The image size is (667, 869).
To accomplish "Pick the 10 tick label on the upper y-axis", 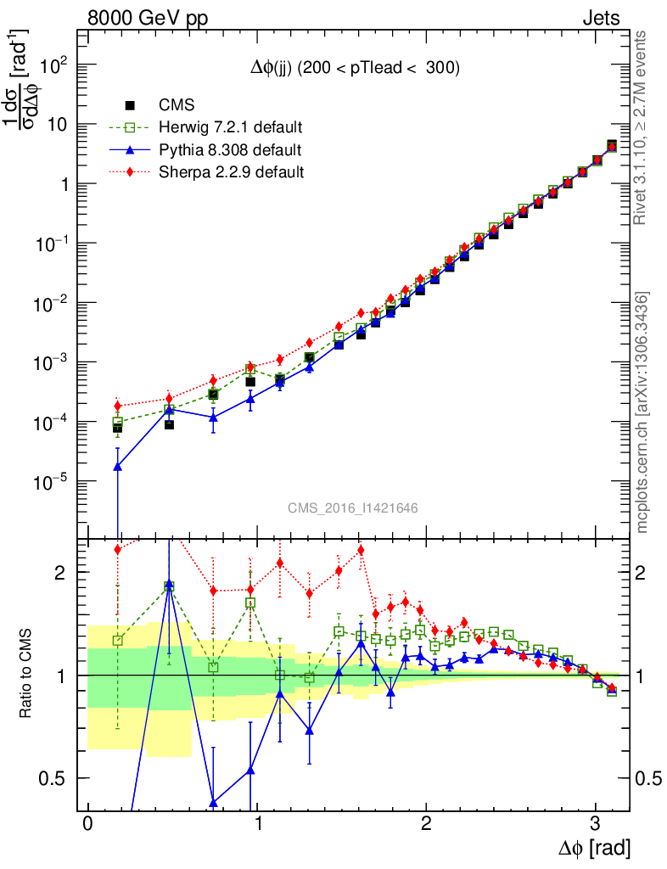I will point(59,124).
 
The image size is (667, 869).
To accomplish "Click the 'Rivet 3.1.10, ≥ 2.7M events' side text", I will point(642,127).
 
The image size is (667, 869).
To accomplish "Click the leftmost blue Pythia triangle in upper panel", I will point(118,466).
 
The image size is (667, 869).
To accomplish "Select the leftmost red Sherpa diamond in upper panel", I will point(118,406).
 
